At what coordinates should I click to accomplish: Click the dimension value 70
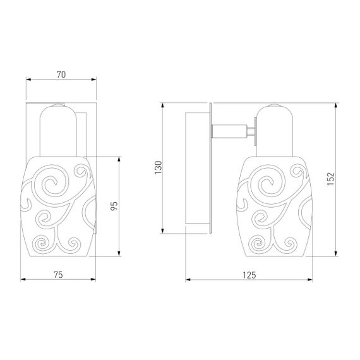coord(61,75)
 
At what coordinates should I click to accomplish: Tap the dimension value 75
coord(58,275)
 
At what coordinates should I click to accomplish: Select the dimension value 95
coord(114,206)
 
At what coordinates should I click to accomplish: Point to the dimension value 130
coord(158,167)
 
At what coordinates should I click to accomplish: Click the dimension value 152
coord(331,179)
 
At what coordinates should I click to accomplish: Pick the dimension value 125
coord(249,275)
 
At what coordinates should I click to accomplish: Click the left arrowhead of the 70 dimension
coord(28,80)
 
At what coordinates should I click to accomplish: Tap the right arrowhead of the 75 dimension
coord(93,279)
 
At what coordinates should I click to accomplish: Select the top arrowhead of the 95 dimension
coord(119,159)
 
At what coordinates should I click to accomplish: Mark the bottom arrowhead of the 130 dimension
coord(162,231)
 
